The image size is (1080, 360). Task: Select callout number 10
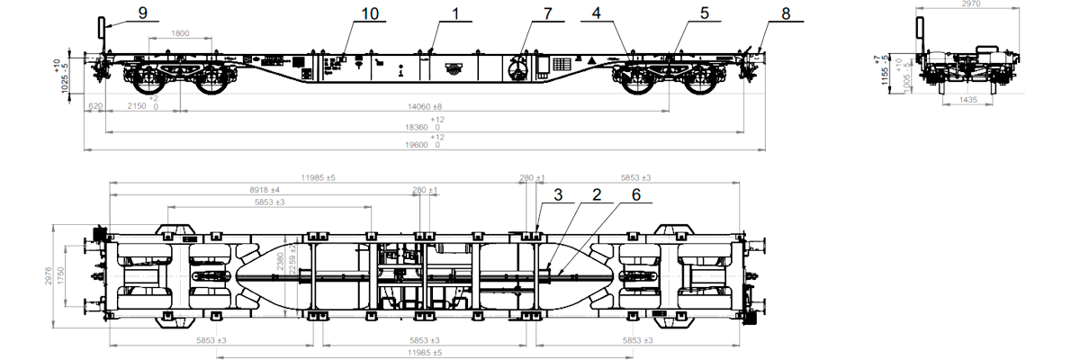tap(370, 13)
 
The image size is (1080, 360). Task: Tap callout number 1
tap(455, 13)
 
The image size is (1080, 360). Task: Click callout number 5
tap(705, 13)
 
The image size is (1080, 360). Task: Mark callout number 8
tap(786, 13)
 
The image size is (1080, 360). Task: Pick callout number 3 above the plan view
tap(558, 193)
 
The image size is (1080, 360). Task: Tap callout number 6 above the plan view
tap(635, 193)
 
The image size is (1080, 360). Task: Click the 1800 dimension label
tap(180, 34)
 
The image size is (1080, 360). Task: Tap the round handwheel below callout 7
tap(519, 70)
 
